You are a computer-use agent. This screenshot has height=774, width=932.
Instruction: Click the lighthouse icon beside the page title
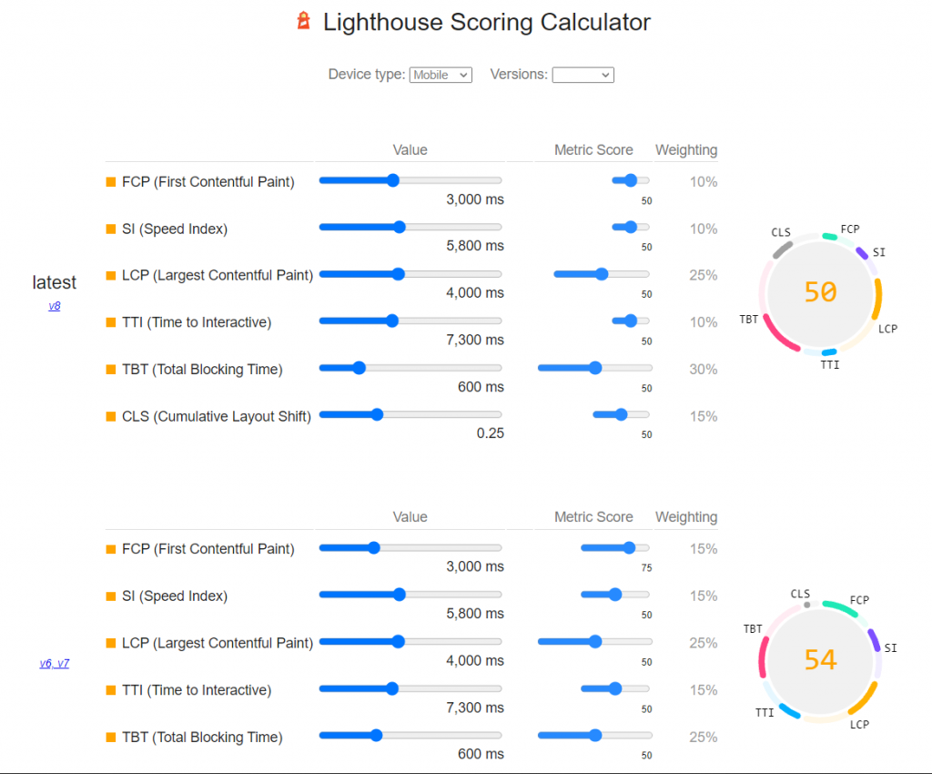pyautogui.click(x=304, y=21)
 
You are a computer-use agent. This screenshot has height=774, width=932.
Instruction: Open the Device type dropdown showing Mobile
pyautogui.click(x=441, y=75)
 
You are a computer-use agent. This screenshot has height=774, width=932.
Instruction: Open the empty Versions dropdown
pyautogui.click(x=582, y=75)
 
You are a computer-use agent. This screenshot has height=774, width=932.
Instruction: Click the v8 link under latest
pyautogui.click(x=55, y=306)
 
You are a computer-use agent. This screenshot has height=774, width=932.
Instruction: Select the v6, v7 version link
pyautogui.click(x=55, y=663)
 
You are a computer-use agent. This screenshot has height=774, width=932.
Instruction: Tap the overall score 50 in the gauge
pyautogui.click(x=820, y=291)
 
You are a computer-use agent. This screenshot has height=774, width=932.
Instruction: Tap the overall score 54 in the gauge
pyautogui.click(x=820, y=659)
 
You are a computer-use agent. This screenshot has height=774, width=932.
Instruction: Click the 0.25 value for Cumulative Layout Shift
pyautogui.click(x=490, y=433)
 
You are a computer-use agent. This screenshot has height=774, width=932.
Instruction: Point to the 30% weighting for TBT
pyautogui.click(x=703, y=369)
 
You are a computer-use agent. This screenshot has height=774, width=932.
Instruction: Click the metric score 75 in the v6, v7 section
pyautogui.click(x=646, y=568)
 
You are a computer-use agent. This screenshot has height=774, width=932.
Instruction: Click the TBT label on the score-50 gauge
pyautogui.click(x=749, y=320)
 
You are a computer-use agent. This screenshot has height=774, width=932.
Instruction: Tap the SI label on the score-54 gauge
pyautogui.click(x=890, y=648)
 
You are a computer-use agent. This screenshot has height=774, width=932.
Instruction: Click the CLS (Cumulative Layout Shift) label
pyautogui.click(x=217, y=416)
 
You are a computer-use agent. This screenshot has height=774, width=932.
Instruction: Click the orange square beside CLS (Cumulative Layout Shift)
pyautogui.click(x=111, y=416)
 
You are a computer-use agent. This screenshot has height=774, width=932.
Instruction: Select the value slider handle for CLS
pyautogui.click(x=377, y=414)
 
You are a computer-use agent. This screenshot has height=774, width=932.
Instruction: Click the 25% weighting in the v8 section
pyautogui.click(x=703, y=275)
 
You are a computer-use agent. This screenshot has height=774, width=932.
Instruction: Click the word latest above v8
pyautogui.click(x=55, y=283)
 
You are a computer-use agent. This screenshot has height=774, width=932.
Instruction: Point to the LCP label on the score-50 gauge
pyautogui.click(x=887, y=329)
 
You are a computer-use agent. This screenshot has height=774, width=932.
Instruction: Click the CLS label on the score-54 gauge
pyautogui.click(x=800, y=594)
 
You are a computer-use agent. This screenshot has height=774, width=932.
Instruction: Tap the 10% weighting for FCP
pyautogui.click(x=703, y=182)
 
